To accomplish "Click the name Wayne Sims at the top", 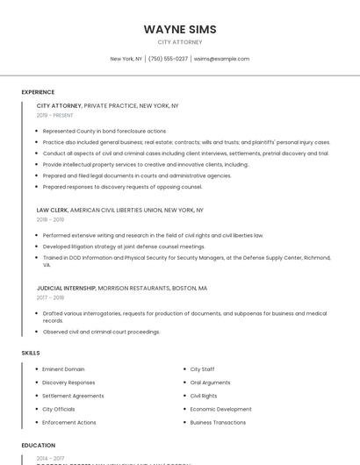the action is pyautogui.click(x=180, y=29).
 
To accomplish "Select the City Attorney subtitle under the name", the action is pyautogui.click(x=180, y=42).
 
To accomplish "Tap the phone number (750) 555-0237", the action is pyautogui.click(x=168, y=59).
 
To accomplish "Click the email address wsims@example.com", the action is pyautogui.click(x=221, y=59).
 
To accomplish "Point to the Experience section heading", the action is pyautogui.click(x=38, y=92).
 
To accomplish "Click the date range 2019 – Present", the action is pyautogui.click(x=55, y=115).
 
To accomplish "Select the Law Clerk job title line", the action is pyautogui.click(x=119, y=211).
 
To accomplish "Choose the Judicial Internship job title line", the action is pyautogui.click(x=121, y=288).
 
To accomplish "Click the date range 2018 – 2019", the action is pyautogui.click(x=50, y=219).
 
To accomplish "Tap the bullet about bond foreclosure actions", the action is pyautogui.click(x=104, y=131).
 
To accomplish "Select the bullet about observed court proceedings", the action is pyautogui.click(x=101, y=332).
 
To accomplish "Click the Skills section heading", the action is pyautogui.click(x=31, y=353).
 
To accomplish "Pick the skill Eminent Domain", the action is pyautogui.click(x=63, y=369).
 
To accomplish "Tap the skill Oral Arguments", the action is pyautogui.click(x=210, y=383).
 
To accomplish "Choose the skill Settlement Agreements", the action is pyautogui.click(x=73, y=396).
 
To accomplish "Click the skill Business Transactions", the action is pyautogui.click(x=218, y=423).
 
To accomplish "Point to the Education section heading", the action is pyautogui.click(x=39, y=446).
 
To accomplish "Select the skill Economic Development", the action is pyautogui.click(x=220, y=409).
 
